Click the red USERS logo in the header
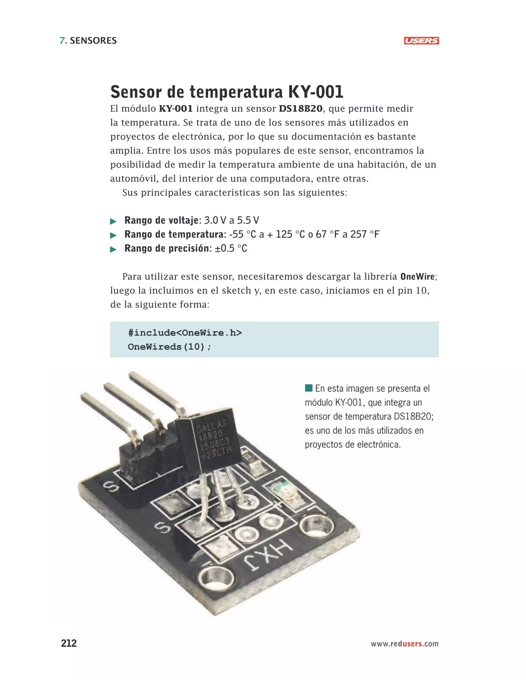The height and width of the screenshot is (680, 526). click(421, 41)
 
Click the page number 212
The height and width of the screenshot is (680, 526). click(69, 643)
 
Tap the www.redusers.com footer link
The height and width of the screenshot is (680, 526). click(404, 644)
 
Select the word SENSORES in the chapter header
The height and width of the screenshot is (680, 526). click(93, 41)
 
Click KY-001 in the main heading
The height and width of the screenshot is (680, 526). click(315, 92)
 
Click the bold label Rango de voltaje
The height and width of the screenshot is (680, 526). click(161, 220)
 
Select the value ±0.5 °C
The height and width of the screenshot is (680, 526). click(231, 248)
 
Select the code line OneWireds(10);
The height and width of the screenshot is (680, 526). click(170, 347)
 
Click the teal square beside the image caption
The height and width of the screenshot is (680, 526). click(308, 388)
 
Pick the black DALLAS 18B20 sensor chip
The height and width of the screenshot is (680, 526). click(212, 439)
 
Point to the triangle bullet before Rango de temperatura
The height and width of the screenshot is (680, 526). click(114, 235)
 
